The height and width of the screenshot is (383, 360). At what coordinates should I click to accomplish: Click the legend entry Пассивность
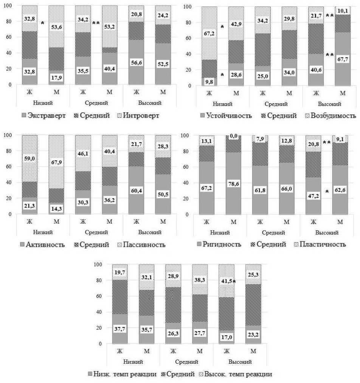click(x=143, y=245)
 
